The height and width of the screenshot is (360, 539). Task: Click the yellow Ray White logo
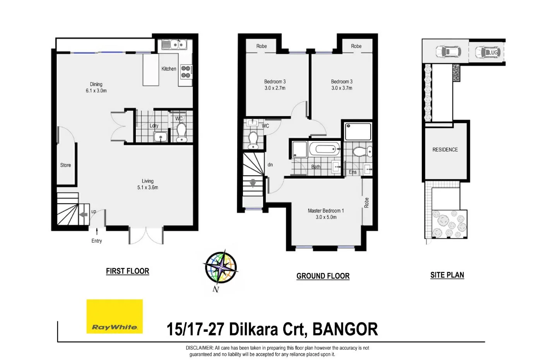coord(115,316)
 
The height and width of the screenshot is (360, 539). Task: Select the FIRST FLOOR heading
coord(127,271)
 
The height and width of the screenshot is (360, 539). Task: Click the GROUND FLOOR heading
coord(323,276)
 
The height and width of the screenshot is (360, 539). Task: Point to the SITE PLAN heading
coord(447,275)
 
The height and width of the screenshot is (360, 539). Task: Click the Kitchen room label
coord(169,69)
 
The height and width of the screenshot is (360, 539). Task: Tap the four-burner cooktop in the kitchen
coord(186,72)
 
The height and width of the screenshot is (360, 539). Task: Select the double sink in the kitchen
coord(175,45)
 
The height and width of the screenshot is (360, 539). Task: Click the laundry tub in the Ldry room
coord(160,137)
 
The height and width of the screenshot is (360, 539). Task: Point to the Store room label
coord(65,165)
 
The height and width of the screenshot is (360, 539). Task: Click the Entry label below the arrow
coord(97,241)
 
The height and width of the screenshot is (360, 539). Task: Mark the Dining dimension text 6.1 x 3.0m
coord(96,91)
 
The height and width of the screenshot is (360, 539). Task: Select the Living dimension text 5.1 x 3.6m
coord(147,187)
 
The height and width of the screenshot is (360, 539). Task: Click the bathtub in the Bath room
coord(324,149)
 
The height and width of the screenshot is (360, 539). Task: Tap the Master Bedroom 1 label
coord(325,211)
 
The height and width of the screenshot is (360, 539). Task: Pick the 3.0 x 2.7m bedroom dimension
coord(275,88)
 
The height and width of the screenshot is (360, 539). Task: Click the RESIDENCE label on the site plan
coord(445,150)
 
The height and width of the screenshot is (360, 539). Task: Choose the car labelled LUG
coord(488,52)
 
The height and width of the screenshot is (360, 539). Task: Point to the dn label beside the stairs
coord(270,165)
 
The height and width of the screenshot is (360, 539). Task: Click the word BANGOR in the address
coord(345,329)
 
